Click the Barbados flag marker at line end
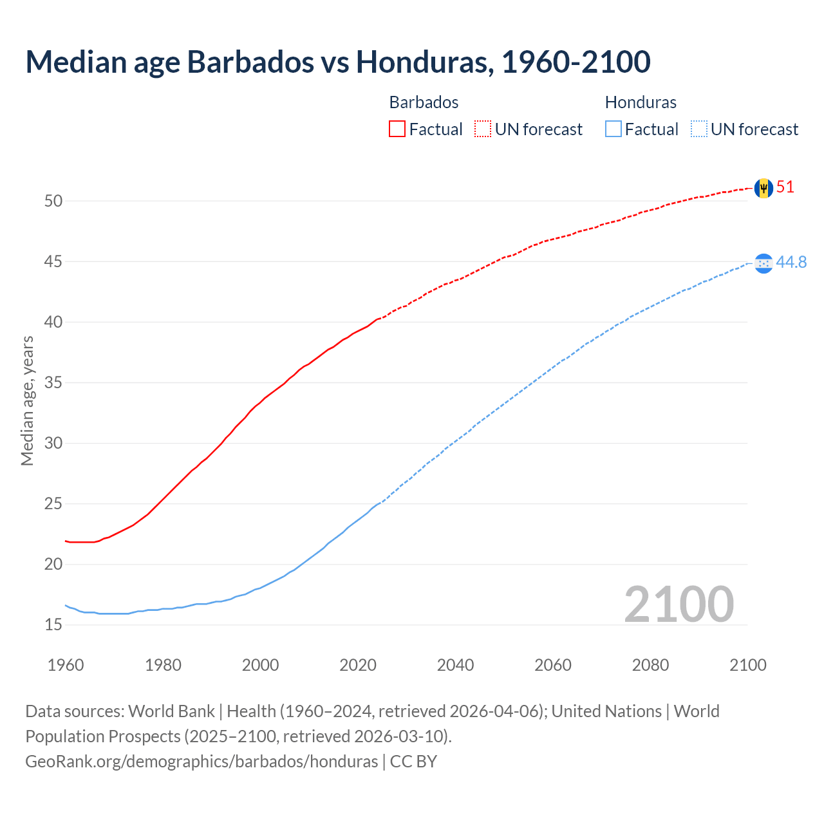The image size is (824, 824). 763,188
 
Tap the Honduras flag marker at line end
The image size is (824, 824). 763,263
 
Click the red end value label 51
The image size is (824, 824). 785,187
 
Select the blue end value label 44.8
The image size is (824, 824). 791,263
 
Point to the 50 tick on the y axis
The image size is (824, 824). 53,201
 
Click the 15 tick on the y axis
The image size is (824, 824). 53,624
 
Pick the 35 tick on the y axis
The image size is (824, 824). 53,383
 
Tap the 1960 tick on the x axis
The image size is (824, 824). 66,665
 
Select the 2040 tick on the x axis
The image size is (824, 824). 455,665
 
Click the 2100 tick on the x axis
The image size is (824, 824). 747,665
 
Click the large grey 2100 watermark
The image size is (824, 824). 679,604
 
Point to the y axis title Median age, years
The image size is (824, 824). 27,400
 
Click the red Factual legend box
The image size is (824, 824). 397,129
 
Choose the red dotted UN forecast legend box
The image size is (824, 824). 483,129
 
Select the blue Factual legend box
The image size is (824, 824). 613,129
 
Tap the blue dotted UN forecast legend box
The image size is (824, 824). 698,129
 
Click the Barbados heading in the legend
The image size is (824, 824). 424,102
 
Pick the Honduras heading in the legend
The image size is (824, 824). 641,102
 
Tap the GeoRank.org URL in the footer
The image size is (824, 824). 201,762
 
